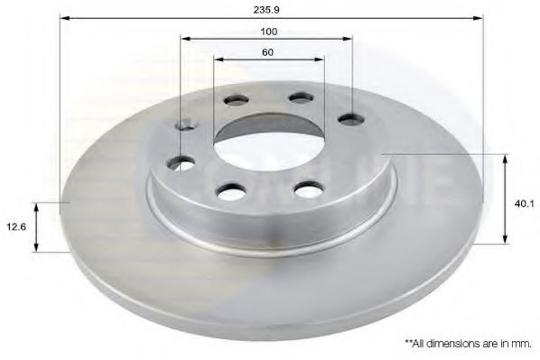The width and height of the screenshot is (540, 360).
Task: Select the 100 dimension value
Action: pyautogui.click(x=267, y=32)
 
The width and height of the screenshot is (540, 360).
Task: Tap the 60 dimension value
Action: pyautogui.click(x=267, y=52)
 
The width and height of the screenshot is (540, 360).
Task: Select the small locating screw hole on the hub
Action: pyautogui.click(x=187, y=125)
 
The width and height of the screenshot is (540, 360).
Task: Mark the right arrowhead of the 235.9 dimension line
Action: pyautogui.click(x=478, y=17)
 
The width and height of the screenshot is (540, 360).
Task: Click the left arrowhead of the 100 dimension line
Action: pyautogui.click(x=184, y=39)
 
